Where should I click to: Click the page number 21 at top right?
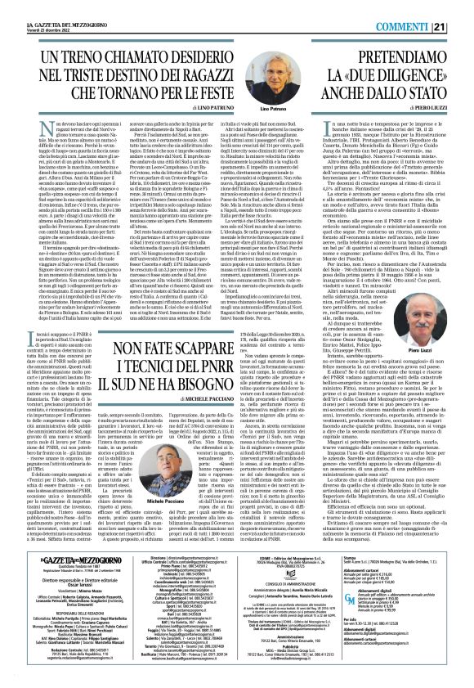click(x=463, y=7)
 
